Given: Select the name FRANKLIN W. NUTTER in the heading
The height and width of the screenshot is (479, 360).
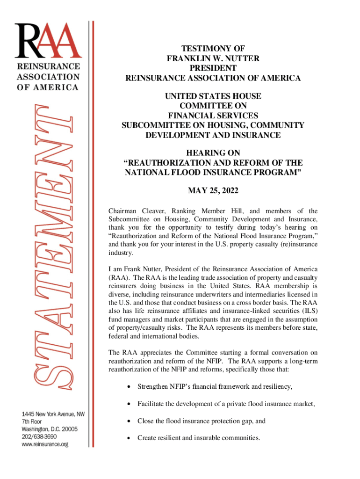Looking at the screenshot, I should [x=213, y=58].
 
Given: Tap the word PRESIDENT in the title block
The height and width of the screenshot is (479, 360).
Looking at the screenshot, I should [x=213, y=68].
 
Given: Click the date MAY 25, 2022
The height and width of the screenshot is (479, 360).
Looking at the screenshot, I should [x=213, y=190].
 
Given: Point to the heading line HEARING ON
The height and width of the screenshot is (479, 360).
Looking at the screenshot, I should [x=213, y=153].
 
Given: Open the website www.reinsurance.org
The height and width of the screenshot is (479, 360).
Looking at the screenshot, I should [x=45, y=444].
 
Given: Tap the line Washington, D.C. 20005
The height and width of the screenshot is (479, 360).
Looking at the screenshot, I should [x=49, y=429].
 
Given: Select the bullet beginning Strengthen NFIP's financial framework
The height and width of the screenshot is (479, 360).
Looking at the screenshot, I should [x=215, y=386].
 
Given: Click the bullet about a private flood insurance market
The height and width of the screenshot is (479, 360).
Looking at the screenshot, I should [x=225, y=404].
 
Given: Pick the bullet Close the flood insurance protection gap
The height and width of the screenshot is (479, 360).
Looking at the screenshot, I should [x=201, y=421].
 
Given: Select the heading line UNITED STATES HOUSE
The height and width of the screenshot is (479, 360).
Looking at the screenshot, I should [x=213, y=96].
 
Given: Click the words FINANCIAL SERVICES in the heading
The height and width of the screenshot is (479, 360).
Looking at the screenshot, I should [x=213, y=116].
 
